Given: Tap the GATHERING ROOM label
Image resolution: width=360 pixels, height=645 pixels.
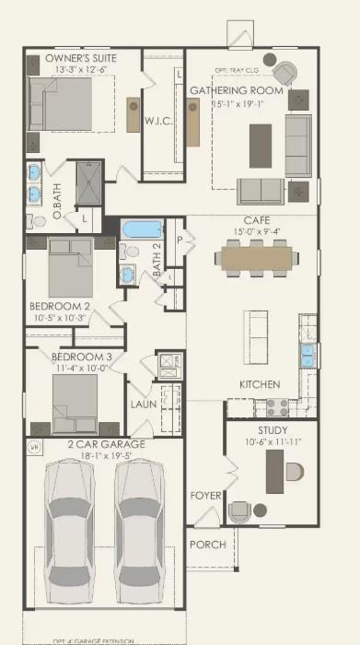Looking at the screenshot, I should (x=235, y=90).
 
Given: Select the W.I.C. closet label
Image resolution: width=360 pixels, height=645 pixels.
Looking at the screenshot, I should (x=154, y=121).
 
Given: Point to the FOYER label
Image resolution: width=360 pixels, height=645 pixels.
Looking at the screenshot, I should (x=205, y=496).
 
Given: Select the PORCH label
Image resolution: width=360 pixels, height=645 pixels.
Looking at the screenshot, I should (x=207, y=544).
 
